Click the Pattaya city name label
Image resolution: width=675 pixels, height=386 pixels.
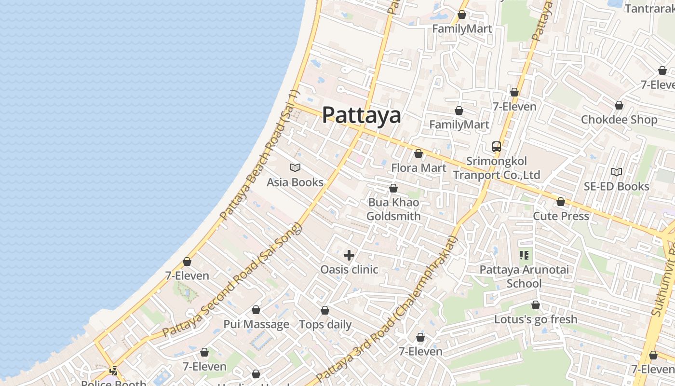(x=361, y=115)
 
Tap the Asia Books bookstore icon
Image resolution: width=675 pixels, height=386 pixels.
(x=295, y=168)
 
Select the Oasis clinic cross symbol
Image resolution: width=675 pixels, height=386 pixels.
(x=349, y=255)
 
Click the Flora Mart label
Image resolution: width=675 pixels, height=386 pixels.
(x=418, y=168)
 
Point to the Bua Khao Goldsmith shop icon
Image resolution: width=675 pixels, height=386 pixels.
(x=393, y=188)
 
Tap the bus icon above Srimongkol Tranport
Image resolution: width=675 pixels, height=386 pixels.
(x=496, y=147)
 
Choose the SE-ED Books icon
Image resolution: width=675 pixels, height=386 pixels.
(x=616, y=172)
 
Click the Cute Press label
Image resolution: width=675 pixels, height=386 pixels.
(x=561, y=216)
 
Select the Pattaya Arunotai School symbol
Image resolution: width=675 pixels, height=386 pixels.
(x=524, y=255)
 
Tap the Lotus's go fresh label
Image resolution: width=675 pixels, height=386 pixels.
(x=535, y=319)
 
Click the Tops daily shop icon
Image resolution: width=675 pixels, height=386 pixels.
(x=325, y=310)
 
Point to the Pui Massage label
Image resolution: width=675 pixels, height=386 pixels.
(x=256, y=324)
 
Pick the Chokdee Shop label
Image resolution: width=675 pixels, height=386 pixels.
(x=619, y=120)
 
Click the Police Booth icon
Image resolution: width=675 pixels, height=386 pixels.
(x=114, y=371)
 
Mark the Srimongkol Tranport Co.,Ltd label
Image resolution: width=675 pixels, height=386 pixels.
(x=496, y=168)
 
